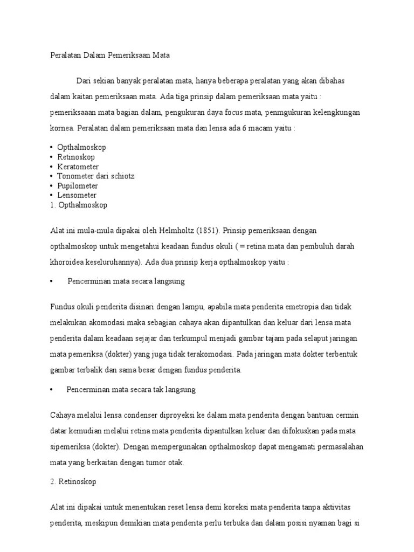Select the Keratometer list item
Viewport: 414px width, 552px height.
pyautogui.click(x=78, y=167)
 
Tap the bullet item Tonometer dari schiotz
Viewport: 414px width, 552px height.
pyautogui.click(x=96, y=176)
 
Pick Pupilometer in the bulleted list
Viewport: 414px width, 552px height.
pyautogui.click(x=78, y=186)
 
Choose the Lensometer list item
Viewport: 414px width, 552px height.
pyautogui.click(x=77, y=195)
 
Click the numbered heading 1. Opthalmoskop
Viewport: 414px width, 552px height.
pyautogui.click(x=79, y=205)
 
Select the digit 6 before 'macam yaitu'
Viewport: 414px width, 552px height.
pyautogui.click(x=244, y=129)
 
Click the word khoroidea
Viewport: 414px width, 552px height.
pyautogui.click(x=67, y=261)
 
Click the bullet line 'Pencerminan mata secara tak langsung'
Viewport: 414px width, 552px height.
pyautogui.click(x=130, y=389)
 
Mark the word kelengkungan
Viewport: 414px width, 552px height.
pyautogui.click(x=334, y=113)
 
